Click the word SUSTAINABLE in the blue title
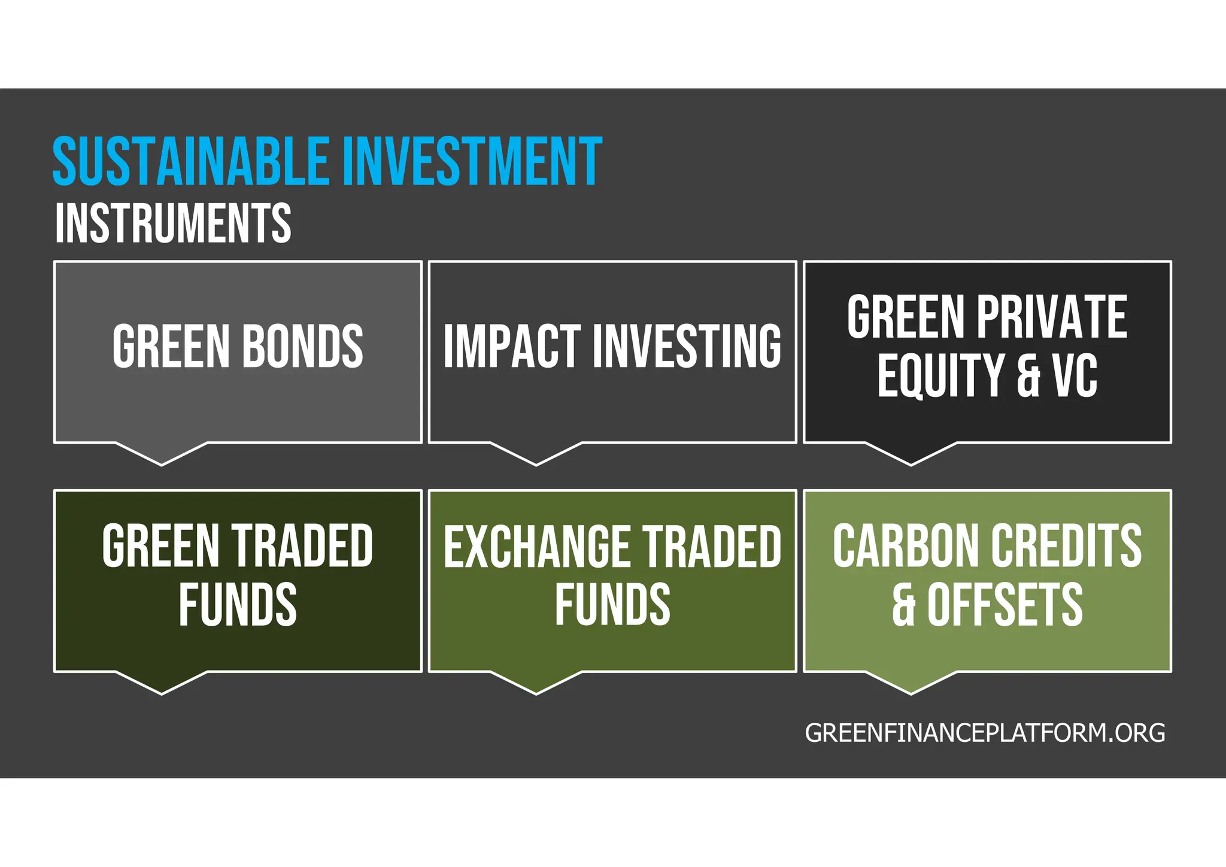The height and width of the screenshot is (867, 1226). pyautogui.click(x=190, y=162)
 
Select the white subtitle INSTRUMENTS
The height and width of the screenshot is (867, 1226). pyautogui.click(x=173, y=223)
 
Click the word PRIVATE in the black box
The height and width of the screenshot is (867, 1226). pyautogui.click(x=1052, y=317)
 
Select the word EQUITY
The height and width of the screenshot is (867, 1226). pyautogui.click(x=940, y=375)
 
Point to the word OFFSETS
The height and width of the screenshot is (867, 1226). pyautogui.click(x=1005, y=605)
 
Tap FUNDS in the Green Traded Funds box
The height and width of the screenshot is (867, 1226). pyautogui.click(x=238, y=605)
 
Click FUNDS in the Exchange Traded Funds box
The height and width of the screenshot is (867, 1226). pyautogui.click(x=612, y=605)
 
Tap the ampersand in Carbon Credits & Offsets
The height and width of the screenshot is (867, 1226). pyautogui.click(x=904, y=605)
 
